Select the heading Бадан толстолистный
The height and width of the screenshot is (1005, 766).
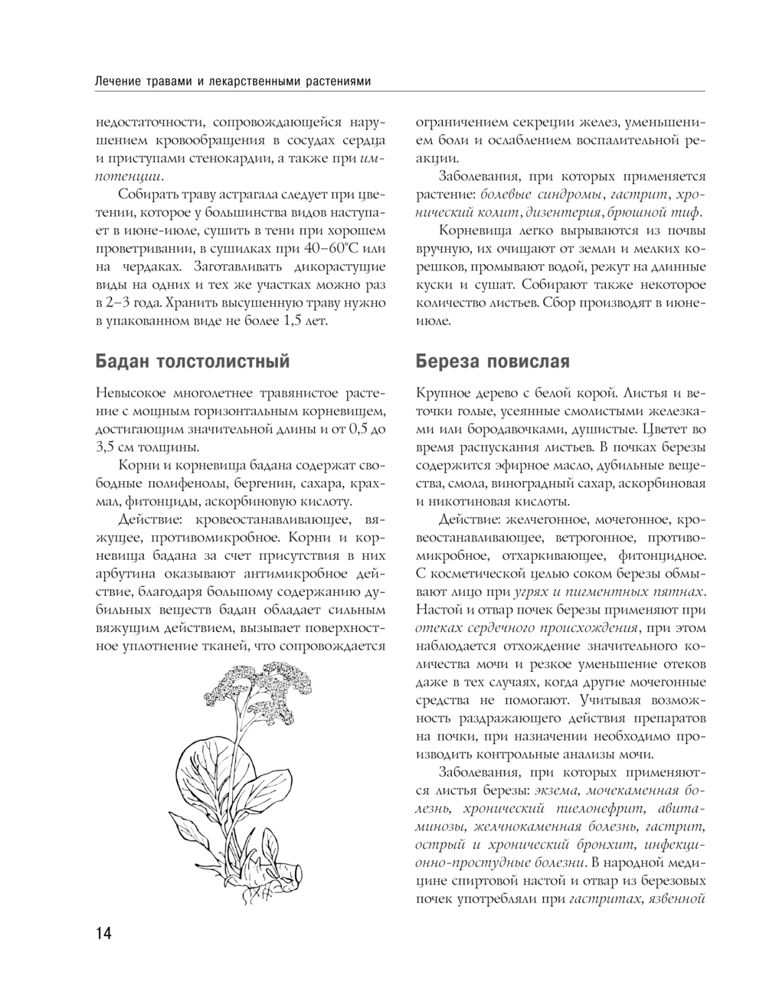(x=192, y=361)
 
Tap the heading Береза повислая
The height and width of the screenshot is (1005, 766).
(x=493, y=361)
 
